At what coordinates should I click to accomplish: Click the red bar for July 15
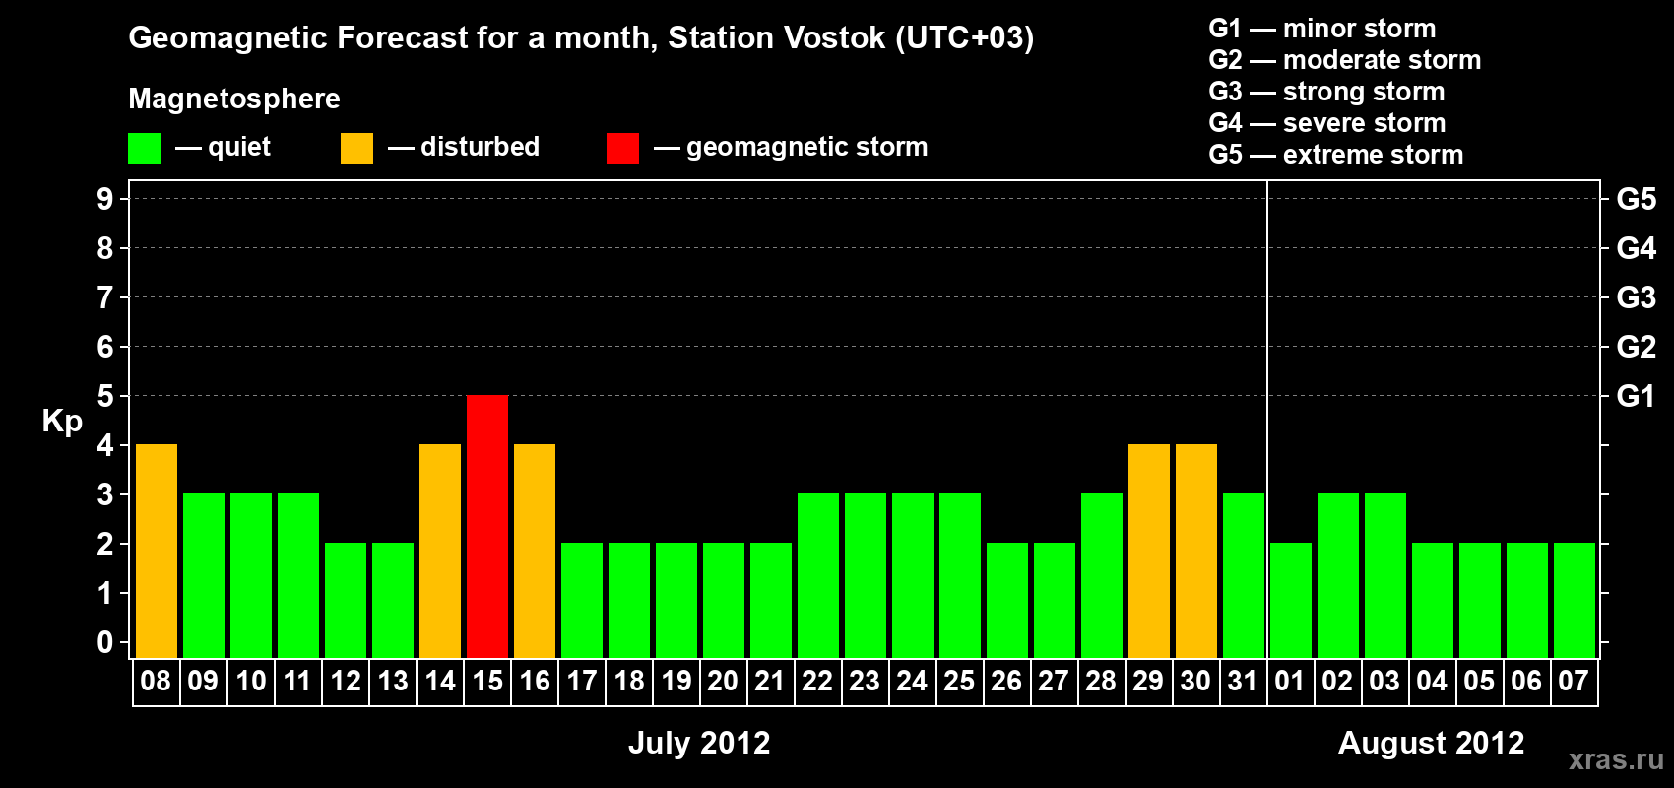coord(487,526)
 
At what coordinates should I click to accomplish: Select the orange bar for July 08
coord(157,551)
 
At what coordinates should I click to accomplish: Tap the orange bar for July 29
coord(1148,551)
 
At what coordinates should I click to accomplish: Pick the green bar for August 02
coord(1337,575)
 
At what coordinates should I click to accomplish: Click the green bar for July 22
coord(818,575)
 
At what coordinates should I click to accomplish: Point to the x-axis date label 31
coord(1243,681)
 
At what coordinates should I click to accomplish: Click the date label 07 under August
coord(1574,681)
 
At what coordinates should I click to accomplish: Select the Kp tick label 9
coord(104,199)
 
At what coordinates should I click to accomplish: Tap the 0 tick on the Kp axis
coord(104,642)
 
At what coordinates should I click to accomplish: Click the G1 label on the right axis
coord(1636,396)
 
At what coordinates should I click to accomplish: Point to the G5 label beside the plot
coord(1636,199)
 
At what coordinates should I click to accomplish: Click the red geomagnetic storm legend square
coord(623,148)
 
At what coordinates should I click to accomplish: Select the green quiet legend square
coord(144,148)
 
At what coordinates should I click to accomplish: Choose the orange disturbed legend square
coord(356,148)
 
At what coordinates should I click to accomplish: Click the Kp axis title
coord(62,422)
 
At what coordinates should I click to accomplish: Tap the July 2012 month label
coord(699,743)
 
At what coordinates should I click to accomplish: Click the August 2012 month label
coord(1431,743)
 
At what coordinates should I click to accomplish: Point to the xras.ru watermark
coord(1616,760)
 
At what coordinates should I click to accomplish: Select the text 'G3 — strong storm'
coord(1326,92)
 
